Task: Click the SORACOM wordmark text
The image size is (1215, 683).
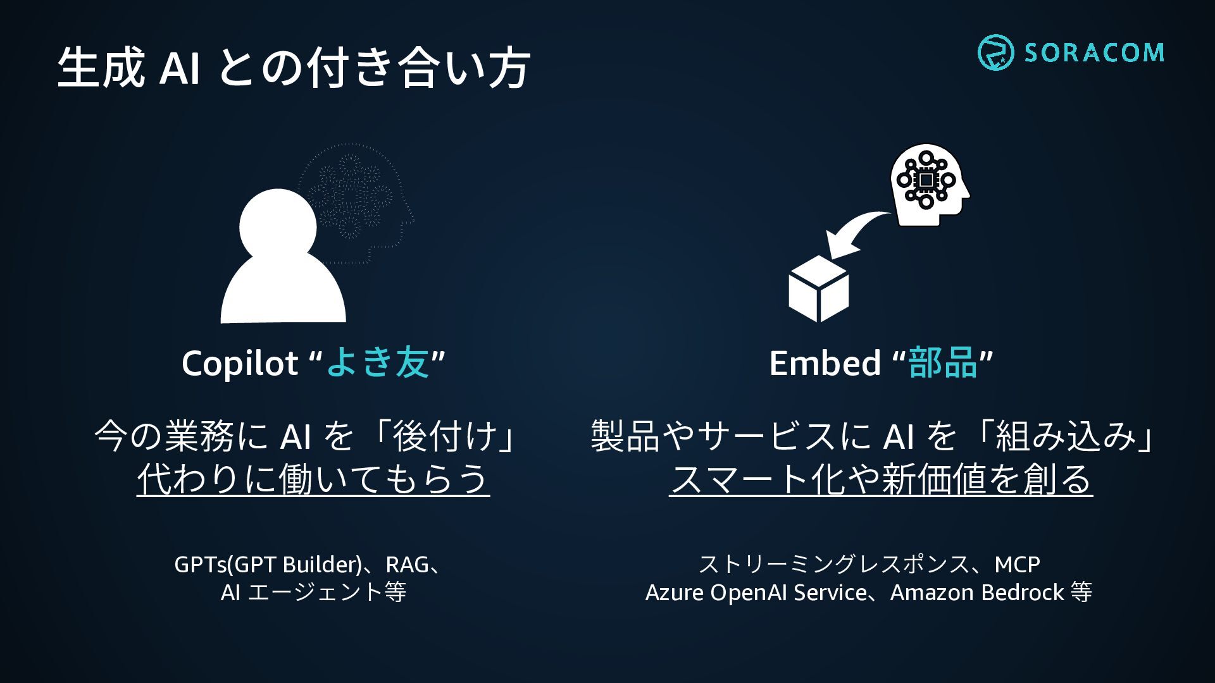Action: click(x=1094, y=52)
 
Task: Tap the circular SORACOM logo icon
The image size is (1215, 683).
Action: click(x=995, y=52)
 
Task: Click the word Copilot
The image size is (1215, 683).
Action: click(x=240, y=364)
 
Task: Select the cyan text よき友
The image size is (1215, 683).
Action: click(x=378, y=364)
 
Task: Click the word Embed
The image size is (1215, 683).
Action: click(x=825, y=364)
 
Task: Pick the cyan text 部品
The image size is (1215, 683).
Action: click(x=943, y=364)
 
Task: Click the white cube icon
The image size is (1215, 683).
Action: click(x=819, y=289)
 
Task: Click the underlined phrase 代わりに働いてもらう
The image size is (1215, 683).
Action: click(x=313, y=479)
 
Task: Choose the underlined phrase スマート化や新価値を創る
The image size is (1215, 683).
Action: click(x=881, y=479)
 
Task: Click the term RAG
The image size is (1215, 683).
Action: click(x=407, y=564)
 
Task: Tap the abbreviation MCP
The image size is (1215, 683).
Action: click(x=1017, y=564)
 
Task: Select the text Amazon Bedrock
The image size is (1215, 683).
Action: click(x=977, y=593)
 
